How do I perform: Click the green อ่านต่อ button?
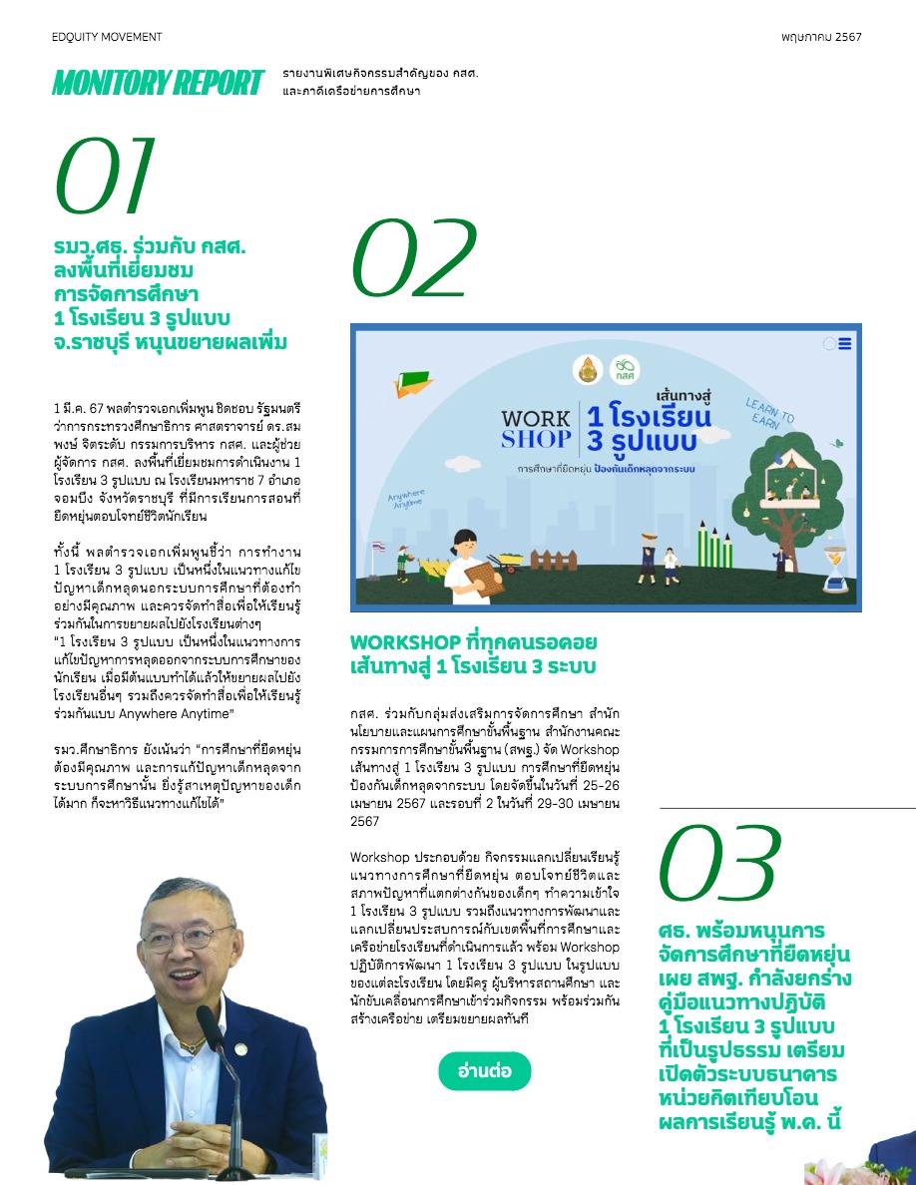pyautogui.click(x=485, y=1070)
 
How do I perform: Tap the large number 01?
pyautogui.click(x=105, y=178)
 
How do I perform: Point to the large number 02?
pyautogui.click(x=415, y=256)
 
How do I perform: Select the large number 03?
pyautogui.click(x=719, y=864)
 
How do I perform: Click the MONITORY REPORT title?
pyautogui.click(x=158, y=83)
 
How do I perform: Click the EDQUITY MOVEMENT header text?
pyautogui.click(x=107, y=37)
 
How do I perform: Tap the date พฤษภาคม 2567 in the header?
pyautogui.click(x=821, y=37)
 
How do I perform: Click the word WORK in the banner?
pyautogui.click(x=535, y=418)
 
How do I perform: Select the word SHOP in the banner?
pyautogui.click(x=535, y=440)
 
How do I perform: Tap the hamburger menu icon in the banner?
pyautogui.click(x=845, y=344)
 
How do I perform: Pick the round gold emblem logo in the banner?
pyautogui.click(x=588, y=369)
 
